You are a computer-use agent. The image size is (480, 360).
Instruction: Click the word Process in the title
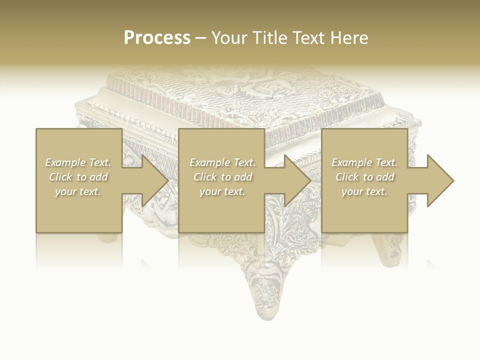click(x=157, y=38)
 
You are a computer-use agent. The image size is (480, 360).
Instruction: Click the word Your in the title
click(x=229, y=38)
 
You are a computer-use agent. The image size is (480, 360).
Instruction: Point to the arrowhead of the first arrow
click(x=154, y=180)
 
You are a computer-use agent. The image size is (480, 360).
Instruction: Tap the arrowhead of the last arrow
click(x=440, y=180)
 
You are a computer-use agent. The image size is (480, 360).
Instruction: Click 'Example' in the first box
click(x=65, y=162)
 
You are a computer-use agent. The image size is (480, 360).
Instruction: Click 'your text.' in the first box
click(x=78, y=191)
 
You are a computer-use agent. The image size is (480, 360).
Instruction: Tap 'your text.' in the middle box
click(x=222, y=191)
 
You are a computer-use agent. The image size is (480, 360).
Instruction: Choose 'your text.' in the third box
click(x=364, y=191)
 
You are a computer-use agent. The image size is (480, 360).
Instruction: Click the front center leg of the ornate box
click(x=263, y=290)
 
